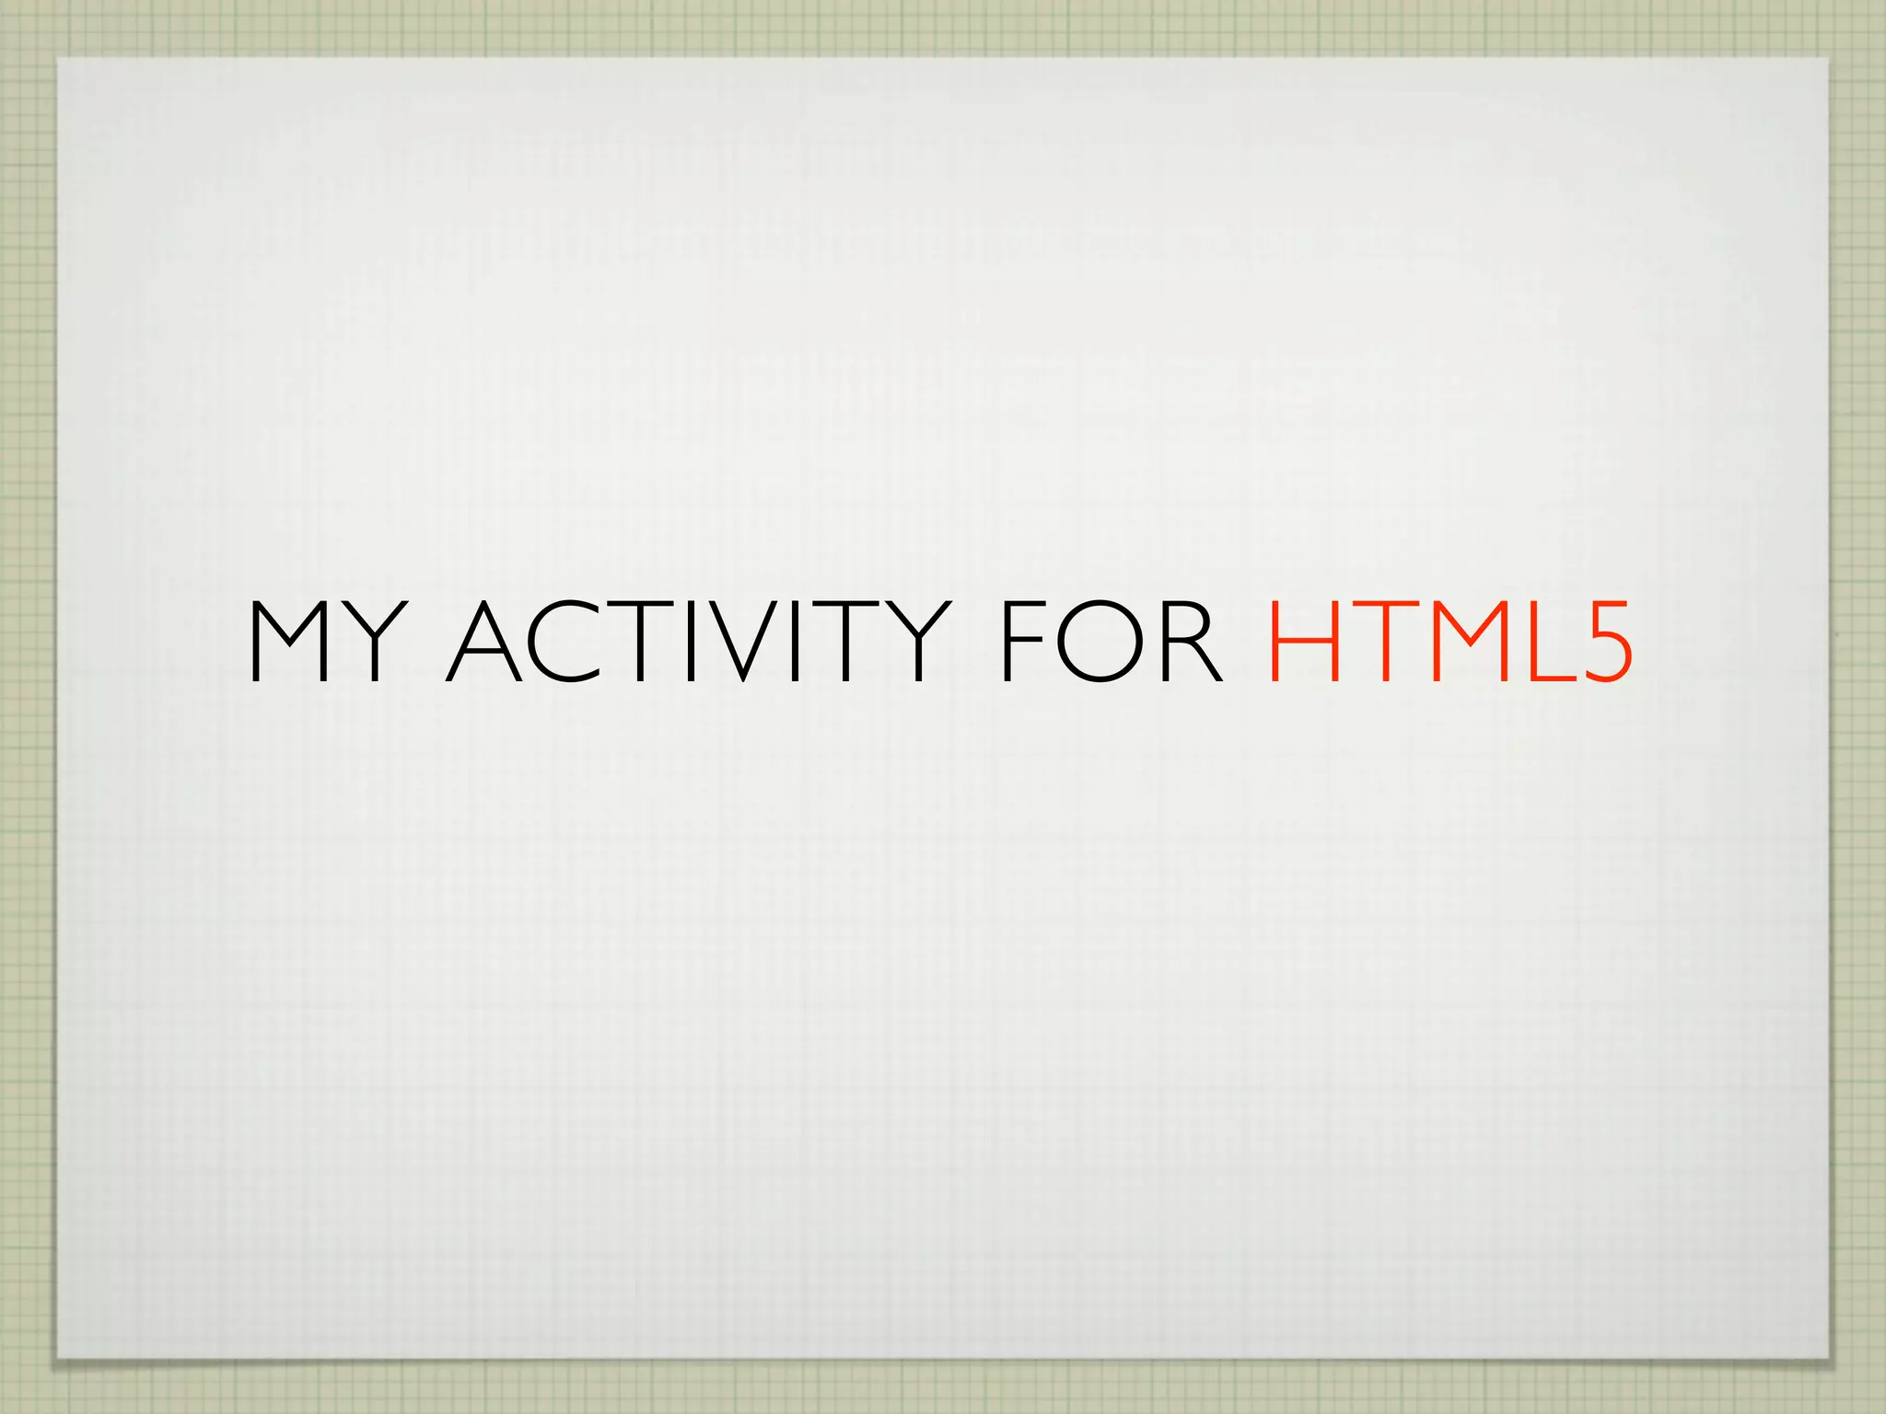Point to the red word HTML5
tap(1450, 642)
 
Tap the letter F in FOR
tap(1019, 642)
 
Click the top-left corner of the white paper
tap(58, 60)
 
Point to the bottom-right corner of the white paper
tap(1827, 1356)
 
